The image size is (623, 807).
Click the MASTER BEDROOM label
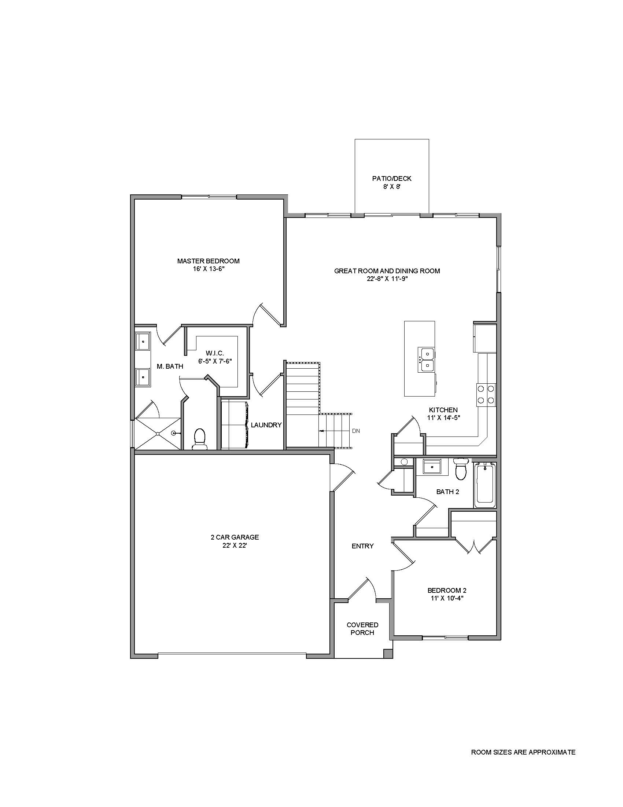pyautogui.click(x=208, y=261)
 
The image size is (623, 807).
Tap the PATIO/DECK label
pyautogui.click(x=392, y=179)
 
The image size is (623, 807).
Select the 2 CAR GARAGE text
pyautogui.click(x=235, y=537)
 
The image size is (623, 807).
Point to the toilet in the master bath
pyautogui.click(x=200, y=439)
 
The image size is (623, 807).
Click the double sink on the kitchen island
pyautogui.click(x=427, y=359)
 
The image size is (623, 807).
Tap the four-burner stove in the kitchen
pyautogui.click(x=486, y=395)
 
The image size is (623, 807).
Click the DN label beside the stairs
pyautogui.click(x=356, y=431)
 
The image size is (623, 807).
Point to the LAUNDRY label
pyautogui.click(x=266, y=425)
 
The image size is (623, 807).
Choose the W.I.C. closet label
pyautogui.click(x=215, y=353)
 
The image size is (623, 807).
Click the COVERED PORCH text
pyautogui.click(x=362, y=628)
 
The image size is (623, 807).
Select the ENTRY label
pyautogui.click(x=362, y=546)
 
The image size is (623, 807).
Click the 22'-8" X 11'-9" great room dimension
pyautogui.click(x=387, y=279)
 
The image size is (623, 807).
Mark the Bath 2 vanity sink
pyautogui.click(x=431, y=467)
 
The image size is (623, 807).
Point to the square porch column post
pyautogui.click(x=388, y=654)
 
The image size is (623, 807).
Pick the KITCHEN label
pyautogui.click(x=443, y=410)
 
